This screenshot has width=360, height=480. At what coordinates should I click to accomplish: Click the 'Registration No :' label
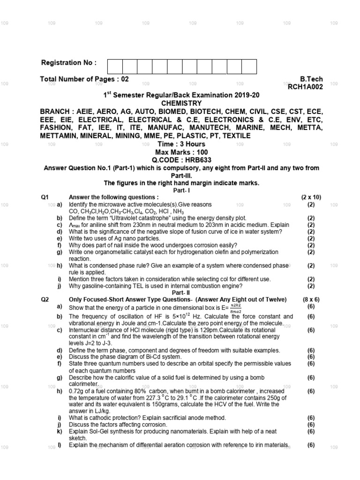69,63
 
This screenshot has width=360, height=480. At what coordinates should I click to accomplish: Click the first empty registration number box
115,67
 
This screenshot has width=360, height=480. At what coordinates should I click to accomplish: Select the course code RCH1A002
305,87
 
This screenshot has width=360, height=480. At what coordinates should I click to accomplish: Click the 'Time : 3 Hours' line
181,144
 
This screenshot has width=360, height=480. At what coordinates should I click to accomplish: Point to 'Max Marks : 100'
181,152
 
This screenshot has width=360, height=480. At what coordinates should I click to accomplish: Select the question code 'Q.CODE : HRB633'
181,160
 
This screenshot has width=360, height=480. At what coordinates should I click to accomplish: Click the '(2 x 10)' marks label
311,197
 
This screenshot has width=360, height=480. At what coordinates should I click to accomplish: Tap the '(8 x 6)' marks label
311,299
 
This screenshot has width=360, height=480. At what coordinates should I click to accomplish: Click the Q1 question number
45,197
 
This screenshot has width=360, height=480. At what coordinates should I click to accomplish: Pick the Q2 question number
45,299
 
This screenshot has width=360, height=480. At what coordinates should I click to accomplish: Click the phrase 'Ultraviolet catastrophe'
146,218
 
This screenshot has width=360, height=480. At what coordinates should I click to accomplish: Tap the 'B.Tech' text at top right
311,79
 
